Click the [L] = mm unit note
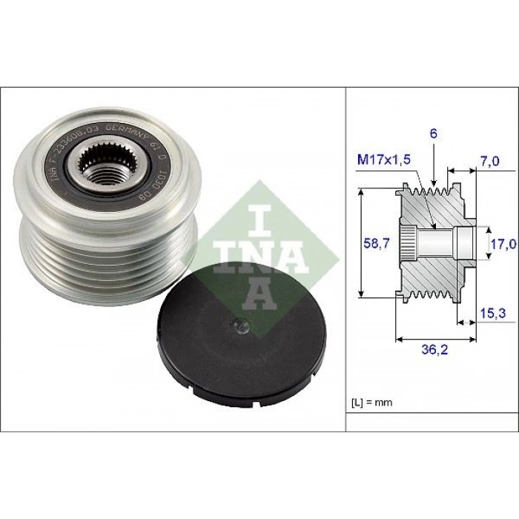[x=371, y=403]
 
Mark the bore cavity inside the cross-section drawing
[x=445, y=242]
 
